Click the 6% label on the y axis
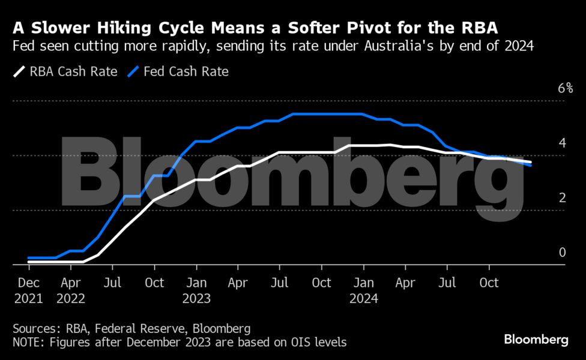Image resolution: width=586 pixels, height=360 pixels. (565, 89)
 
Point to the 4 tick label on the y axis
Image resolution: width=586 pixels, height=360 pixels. (562, 143)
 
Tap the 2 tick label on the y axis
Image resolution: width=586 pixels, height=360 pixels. (562, 197)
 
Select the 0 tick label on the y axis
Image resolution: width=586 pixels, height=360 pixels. (562, 252)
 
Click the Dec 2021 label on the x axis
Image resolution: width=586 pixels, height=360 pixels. (29, 290)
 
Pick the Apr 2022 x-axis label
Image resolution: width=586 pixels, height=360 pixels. (71, 290)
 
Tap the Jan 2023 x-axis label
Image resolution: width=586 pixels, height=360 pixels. (196, 290)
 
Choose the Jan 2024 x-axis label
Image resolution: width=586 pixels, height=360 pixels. (363, 290)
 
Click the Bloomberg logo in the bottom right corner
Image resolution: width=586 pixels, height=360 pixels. (536, 340)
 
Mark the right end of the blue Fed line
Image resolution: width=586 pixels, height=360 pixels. (531, 165)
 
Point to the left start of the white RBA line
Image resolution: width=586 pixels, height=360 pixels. (29, 262)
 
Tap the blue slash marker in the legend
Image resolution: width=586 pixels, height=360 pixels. (133, 72)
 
